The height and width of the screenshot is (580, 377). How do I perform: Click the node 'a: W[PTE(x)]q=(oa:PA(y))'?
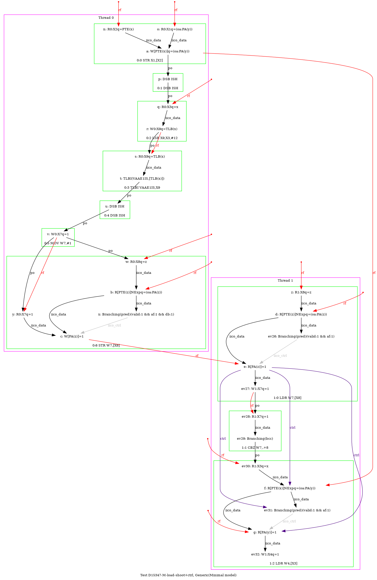[168, 51]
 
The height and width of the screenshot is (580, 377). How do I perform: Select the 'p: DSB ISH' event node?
[168, 79]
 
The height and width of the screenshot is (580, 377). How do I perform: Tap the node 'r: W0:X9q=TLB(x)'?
[162, 129]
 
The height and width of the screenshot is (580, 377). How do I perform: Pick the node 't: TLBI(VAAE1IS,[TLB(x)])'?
[142, 179]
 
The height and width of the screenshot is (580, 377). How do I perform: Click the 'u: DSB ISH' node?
[115, 206]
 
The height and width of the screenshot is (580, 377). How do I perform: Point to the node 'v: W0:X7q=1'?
[58, 234]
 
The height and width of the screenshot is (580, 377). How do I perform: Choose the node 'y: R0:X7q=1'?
[23, 314]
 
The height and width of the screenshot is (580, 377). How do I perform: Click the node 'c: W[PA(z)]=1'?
[72, 336]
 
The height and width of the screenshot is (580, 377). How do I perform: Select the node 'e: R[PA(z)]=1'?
[255, 367]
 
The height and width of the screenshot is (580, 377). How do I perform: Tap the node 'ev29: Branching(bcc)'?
[255, 439]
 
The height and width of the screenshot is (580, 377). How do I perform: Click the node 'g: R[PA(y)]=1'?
[265, 532]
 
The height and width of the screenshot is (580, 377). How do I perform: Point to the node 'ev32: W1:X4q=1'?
[265, 554]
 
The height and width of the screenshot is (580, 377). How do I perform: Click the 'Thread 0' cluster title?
[106, 18]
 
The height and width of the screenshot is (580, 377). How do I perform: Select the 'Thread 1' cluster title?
[285, 281]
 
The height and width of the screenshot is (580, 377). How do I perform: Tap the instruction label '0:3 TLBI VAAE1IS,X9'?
[142, 188]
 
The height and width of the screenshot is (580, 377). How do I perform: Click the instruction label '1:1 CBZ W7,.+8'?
[255, 448]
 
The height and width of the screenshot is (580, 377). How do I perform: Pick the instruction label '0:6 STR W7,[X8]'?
[106, 345]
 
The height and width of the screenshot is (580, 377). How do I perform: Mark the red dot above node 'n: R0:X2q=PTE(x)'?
[118, 2]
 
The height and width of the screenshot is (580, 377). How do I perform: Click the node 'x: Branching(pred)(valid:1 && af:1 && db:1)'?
[136, 314]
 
